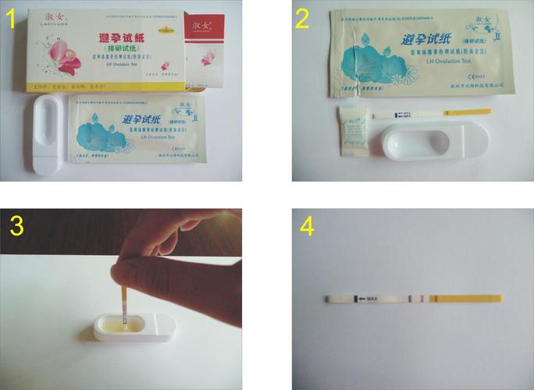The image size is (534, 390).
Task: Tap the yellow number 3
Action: point(18,226)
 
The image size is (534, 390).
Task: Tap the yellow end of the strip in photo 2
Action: point(479,114)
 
